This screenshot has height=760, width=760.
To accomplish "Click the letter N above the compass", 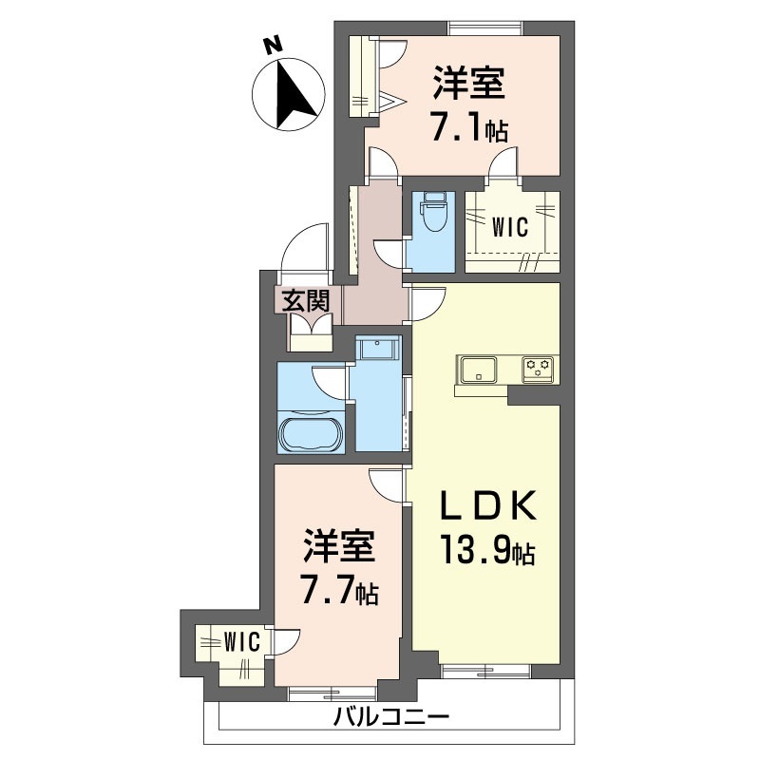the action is [273, 44].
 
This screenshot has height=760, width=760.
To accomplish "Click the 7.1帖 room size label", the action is [469, 125].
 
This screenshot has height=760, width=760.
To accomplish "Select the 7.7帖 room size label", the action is [339, 588].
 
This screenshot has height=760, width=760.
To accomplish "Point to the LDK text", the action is [488, 505].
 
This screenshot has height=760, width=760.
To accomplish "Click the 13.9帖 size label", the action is [488, 549].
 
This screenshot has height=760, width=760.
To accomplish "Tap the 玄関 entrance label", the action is [306, 301].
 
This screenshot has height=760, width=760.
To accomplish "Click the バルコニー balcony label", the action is [391, 717].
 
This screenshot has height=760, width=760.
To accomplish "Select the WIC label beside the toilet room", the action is [510, 227].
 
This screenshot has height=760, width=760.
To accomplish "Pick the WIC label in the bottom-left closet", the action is [242, 643].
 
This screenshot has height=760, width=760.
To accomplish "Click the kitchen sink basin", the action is [479, 370].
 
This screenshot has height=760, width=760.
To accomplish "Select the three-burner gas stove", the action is [539, 368].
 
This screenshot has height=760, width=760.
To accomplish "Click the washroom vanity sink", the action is [378, 348].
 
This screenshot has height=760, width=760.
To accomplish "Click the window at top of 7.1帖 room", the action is [485, 28].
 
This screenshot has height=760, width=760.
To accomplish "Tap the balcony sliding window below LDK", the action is [486, 671].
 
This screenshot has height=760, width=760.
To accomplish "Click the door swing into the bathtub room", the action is [330, 383].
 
